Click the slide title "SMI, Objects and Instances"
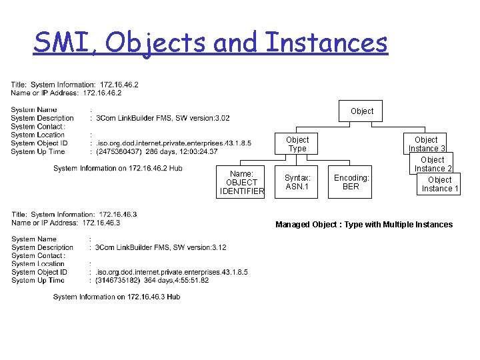click(x=210, y=43)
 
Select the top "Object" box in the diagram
click(x=362, y=111)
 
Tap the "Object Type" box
click(x=297, y=144)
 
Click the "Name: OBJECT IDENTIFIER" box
click(x=241, y=183)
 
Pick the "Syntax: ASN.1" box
click(x=297, y=182)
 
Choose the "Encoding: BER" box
click(x=351, y=182)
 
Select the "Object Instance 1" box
click(x=439, y=185)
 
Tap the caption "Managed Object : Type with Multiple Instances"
click(x=364, y=225)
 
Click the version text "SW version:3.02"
click(x=201, y=118)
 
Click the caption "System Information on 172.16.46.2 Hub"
click(x=118, y=169)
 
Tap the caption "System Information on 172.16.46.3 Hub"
click(x=117, y=297)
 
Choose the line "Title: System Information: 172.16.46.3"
click(x=74, y=214)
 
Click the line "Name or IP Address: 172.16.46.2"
click(x=66, y=93)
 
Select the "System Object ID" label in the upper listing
click(x=39, y=143)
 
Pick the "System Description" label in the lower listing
click(x=43, y=247)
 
